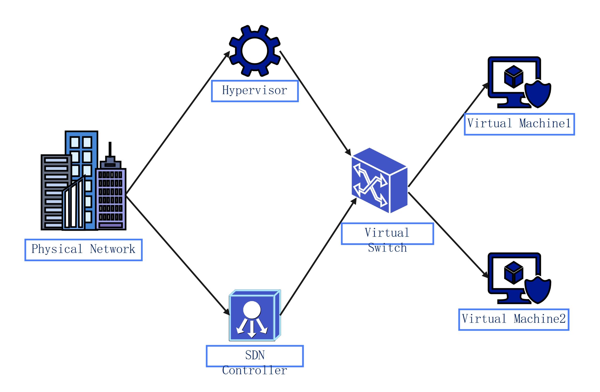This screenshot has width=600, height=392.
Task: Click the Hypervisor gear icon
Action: (255, 51)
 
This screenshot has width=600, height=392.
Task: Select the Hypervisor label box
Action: (255, 91)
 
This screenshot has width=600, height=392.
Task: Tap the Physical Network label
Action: (83, 250)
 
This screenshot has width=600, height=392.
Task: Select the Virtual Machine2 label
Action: (513, 319)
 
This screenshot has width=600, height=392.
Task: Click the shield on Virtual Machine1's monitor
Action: (538, 94)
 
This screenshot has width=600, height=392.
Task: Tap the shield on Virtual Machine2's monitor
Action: (538, 290)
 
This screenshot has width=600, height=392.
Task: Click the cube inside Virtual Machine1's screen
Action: (513, 77)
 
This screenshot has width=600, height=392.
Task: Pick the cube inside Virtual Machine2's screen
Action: (513, 273)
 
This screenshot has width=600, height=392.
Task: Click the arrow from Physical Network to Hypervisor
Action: (178, 123)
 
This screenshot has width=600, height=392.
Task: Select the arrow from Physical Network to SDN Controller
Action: (178, 255)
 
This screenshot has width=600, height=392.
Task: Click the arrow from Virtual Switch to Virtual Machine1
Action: (448, 135)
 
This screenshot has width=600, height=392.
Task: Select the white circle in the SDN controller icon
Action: (252, 310)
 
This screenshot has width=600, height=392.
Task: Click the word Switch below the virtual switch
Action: (387, 248)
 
